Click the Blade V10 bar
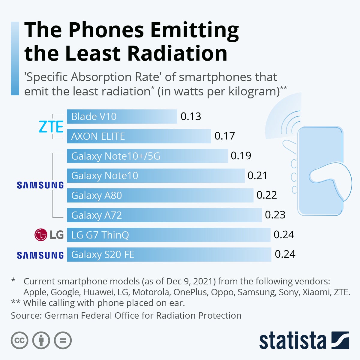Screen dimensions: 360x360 point(122,116)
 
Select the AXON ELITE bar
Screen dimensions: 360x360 point(139,136)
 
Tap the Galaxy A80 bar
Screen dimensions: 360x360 point(160,195)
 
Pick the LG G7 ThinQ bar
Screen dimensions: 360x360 point(168,235)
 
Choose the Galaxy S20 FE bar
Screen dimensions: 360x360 point(169,254)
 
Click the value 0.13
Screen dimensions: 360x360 point(191,116)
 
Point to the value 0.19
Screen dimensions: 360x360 point(241,156)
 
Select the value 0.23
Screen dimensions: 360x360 point(275,215)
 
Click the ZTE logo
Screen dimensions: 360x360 point(51,127)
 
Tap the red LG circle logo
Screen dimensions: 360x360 point(41,235)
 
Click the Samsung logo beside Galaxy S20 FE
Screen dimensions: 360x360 point(40,255)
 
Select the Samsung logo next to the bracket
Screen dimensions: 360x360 point(40,185)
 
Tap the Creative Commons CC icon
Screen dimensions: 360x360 point(19,340)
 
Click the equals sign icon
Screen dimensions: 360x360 point(63,340)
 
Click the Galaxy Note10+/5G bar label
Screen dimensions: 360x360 point(115,156)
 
